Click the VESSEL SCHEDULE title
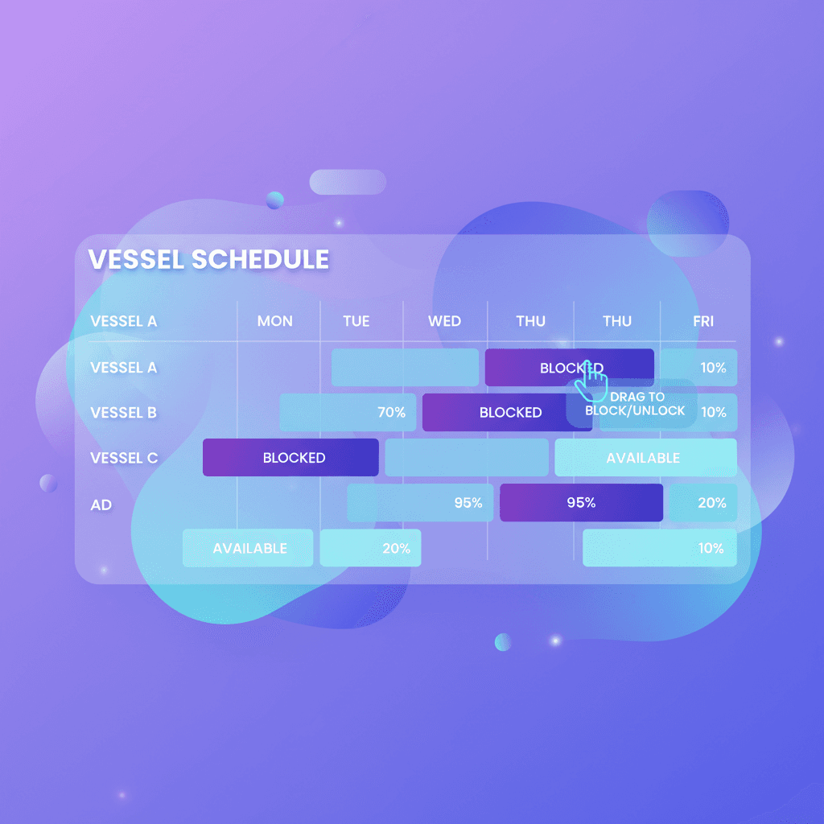tap(208, 259)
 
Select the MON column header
tap(274, 321)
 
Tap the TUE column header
tap(356, 321)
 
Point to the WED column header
tap(444, 321)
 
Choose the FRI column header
tap(703, 321)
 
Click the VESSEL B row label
tap(123, 413)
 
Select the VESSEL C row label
tap(124, 458)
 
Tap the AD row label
tap(101, 505)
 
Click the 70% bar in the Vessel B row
tap(348, 413)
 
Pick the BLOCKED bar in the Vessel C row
tap(290, 458)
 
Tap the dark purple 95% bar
tap(581, 503)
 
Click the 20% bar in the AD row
tap(703, 503)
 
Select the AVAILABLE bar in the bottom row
tap(248, 548)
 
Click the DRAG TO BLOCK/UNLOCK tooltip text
tap(637, 404)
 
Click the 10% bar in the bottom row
tap(660, 548)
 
